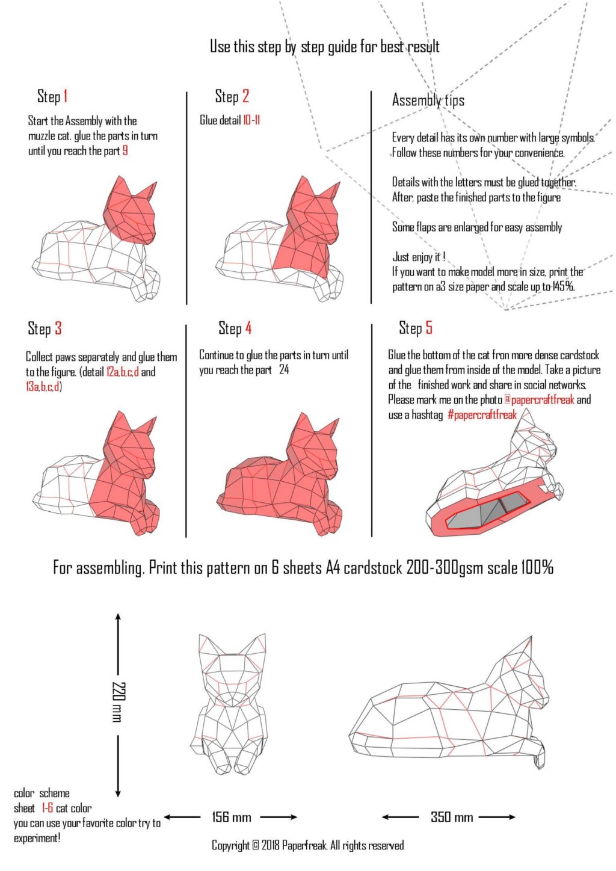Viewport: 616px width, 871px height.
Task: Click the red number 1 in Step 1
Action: coord(65,96)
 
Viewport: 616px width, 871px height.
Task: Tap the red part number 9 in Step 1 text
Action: coord(125,151)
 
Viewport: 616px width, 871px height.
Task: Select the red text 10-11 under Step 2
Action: coord(251,120)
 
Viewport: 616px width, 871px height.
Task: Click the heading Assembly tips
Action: coord(428,100)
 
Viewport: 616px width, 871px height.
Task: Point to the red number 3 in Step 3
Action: coord(58,328)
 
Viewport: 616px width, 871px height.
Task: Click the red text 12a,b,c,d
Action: coord(122,372)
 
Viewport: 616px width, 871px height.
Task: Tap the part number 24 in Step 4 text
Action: coord(284,370)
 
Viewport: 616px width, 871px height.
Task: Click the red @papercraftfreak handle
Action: coord(539,400)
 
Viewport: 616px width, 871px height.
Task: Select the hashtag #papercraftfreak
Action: coord(482,415)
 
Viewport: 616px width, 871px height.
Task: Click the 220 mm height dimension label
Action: coord(118,702)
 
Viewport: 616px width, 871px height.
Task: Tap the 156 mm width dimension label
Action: coord(231,817)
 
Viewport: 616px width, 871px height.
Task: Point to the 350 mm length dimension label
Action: coord(451,817)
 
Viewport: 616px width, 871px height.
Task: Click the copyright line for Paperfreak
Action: coord(307,845)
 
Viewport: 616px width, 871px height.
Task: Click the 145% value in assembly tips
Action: coord(563,287)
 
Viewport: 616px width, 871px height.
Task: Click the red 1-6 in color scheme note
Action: coord(47,808)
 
